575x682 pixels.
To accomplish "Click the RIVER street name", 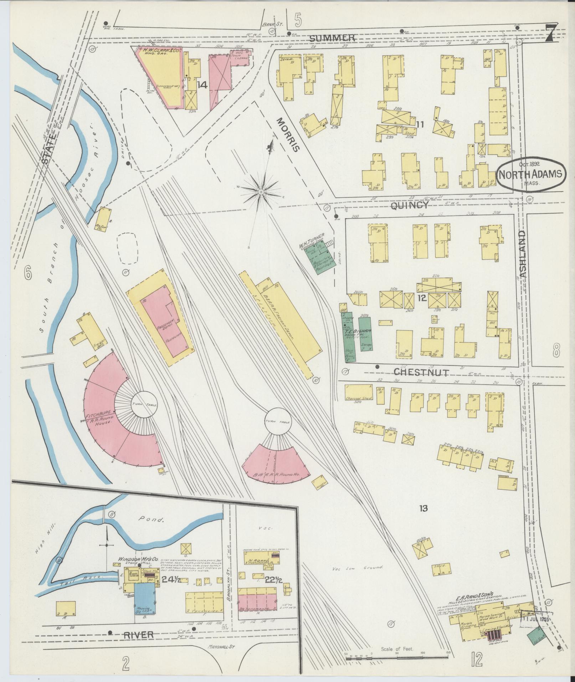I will tap(139, 635).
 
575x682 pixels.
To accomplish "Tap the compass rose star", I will tap(261, 192).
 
